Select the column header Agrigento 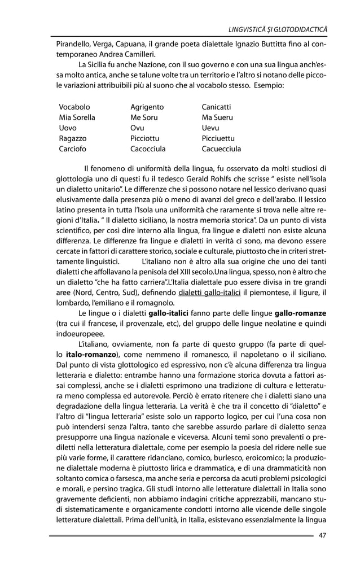147,107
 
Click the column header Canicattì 216,107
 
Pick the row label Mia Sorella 77,117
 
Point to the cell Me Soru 144,117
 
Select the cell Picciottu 145,139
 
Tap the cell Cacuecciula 221,150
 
